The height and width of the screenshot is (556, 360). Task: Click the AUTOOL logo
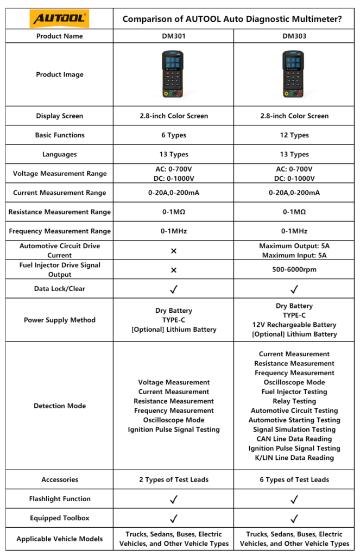click(x=60, y=20)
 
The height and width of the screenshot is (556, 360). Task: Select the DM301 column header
click(x=174, y=36)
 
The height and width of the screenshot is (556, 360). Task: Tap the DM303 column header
click(x=294, y=36)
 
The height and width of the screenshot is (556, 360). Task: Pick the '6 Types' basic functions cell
click(x=174, y=135)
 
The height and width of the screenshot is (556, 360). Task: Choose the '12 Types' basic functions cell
click(x=294, y=135)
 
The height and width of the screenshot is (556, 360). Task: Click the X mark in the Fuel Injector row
click(x=174, y=270)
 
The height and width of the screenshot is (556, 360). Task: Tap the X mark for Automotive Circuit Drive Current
click(x=174, y=251)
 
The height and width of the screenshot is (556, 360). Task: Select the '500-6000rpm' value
click(x=294, y=270)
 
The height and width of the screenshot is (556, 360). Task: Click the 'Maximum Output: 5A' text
click(x=294, y=246)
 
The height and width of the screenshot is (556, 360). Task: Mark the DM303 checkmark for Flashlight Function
click(x=294, y=499)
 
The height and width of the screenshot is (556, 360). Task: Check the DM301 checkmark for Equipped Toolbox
click(x=174, y=518)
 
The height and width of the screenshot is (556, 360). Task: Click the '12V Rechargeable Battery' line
click(x=294, y=325)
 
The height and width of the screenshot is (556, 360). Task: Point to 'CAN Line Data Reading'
click(x=294, y=439)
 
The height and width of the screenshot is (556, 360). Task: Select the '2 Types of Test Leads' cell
click(x=174, y=479)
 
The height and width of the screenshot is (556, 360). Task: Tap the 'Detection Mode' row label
click(x=60, y=406)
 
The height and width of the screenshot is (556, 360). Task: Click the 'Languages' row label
click(x=60, y=154)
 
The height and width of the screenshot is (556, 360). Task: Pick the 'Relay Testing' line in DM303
click(x=294, y=401)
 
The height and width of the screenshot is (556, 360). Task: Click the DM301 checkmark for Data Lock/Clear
click(x=174, y=289)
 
